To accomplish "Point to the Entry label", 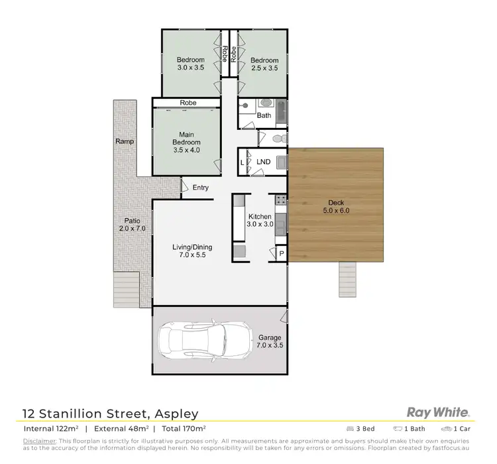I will coord(201,188).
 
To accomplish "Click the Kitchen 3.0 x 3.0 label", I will coord(260,221).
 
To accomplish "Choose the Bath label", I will coord(264,115).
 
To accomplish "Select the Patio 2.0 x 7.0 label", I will coord(133,224).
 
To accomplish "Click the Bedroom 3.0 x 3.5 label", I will coord(190,64).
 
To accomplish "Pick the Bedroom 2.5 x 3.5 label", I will coord(264,64).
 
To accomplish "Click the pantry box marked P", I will coord(280,254).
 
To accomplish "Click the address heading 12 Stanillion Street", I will coord(111,414).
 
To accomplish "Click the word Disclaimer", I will coord(38,441).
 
